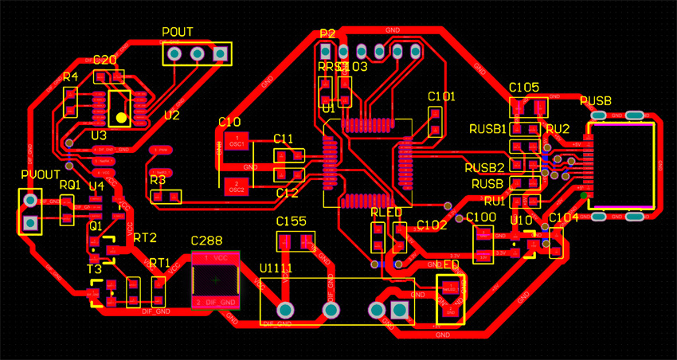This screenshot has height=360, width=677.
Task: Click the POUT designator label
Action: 178,32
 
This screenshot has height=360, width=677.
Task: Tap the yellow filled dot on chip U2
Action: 120,117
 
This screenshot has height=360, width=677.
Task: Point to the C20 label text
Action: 105,61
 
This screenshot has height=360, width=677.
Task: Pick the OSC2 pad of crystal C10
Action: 236,187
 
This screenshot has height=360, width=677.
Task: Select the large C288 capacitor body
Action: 215,281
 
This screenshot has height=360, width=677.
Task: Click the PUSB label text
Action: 596,101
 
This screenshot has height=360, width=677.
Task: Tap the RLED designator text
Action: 386,213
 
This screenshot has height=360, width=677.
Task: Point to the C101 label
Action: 441,96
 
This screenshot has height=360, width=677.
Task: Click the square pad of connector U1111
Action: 401,310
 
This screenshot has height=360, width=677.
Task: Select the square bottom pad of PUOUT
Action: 30,224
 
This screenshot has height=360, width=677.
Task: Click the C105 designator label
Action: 524,87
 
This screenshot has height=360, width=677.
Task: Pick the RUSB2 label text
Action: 484,167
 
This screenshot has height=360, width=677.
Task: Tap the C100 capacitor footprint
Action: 483,244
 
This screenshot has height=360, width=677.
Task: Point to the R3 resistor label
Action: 157,180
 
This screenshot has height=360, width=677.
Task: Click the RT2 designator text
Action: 145,237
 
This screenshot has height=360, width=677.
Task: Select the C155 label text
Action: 292,221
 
